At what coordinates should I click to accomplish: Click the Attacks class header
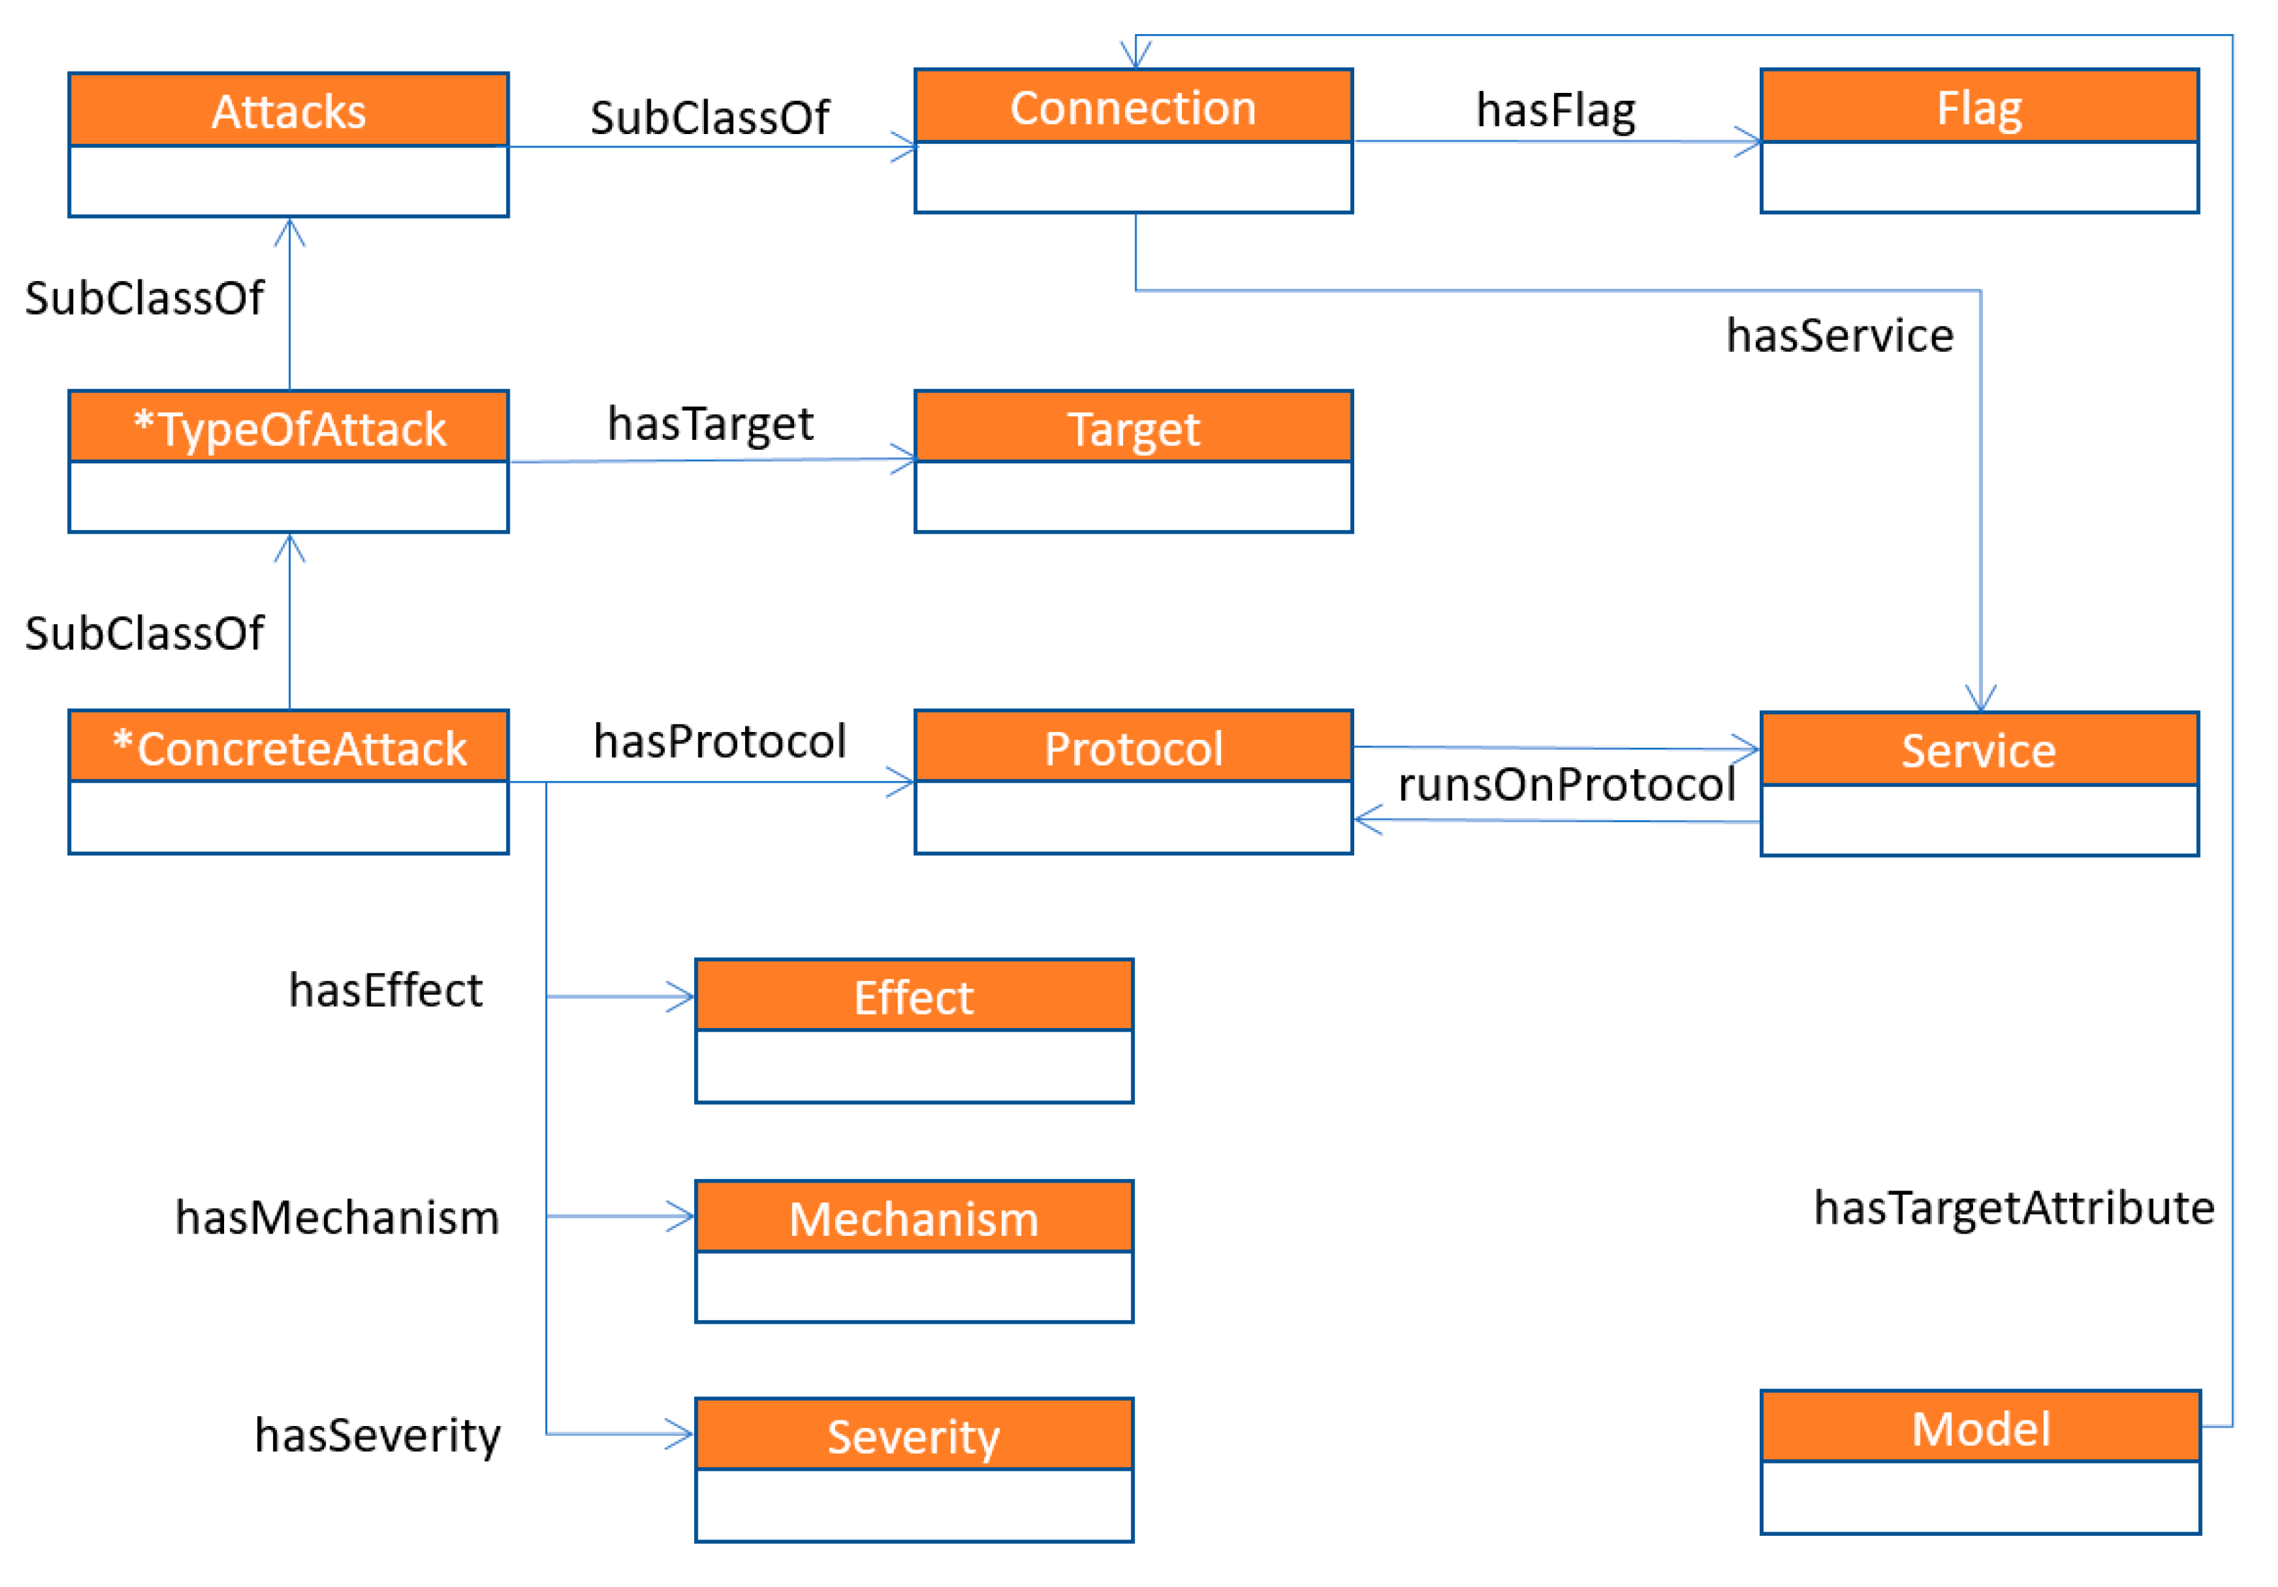[288, 111]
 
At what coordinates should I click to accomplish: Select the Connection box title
[1133, 107]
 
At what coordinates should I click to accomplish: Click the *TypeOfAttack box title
[288, 428]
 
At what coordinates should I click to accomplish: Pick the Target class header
[1133, 428]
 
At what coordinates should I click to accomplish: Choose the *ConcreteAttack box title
[288, 747]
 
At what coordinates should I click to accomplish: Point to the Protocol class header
[1133, 747]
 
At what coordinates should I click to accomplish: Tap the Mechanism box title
[914, 1218]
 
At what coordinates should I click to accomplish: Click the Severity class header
[914, 1436]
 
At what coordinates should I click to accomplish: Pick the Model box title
[1980, 1428]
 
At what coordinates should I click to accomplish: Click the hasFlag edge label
[1555, 109]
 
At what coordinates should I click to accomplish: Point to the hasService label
[1838, 334]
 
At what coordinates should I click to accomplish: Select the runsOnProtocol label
[1565, 784]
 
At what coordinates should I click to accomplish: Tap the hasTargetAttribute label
[2013, 1207]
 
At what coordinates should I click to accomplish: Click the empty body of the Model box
[1980, 1497]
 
